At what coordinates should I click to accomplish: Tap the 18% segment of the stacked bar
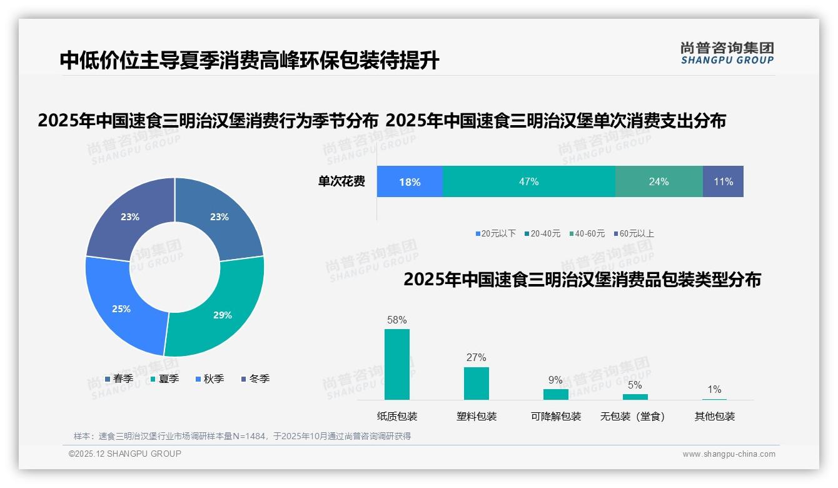point(410,181)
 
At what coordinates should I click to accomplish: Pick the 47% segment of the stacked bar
point(528,181)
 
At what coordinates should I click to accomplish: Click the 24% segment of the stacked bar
point(659,181)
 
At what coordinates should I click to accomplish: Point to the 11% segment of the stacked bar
point(723,181)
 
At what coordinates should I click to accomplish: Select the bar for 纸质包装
point(397,364)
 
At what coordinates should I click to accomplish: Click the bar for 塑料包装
point(477,383)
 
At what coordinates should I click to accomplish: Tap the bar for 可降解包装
point(555,394)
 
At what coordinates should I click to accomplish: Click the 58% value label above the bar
point(397,320)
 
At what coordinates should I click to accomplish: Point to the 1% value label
point(714,390)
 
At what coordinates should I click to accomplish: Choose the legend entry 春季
point(119,379)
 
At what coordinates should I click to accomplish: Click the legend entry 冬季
point(255,379)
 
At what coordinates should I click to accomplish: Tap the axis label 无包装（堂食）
point(633,416)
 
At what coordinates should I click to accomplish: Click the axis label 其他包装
point(714,416)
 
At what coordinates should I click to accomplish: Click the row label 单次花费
point(341,181)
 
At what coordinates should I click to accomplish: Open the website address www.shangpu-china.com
point(729,454)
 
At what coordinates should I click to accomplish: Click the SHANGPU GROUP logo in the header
point(727,53)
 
